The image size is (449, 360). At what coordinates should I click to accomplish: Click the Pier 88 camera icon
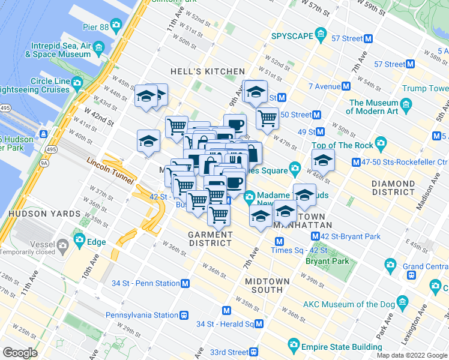tap(116, 25)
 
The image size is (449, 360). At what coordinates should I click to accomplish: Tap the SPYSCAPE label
tap(292, 35)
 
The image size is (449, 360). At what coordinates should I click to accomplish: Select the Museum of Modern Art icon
tap(407, 106)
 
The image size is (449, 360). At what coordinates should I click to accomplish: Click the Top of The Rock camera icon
tap(381, 145)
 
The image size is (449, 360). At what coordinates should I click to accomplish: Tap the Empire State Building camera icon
tap(294, 344)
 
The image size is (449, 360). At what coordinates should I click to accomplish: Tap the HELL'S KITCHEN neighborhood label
tap(208, 71)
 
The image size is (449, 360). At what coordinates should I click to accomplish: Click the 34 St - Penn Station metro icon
tap(186, 283)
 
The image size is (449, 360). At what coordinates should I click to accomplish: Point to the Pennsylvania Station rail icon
tap(185, 314)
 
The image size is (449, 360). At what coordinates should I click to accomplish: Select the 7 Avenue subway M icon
tap(346, 86)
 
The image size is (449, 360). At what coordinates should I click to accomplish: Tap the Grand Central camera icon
tap(391, 265)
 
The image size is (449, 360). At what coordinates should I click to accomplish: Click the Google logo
tap(20, 352)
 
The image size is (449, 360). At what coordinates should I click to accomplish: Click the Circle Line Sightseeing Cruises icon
tap(77, 82)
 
